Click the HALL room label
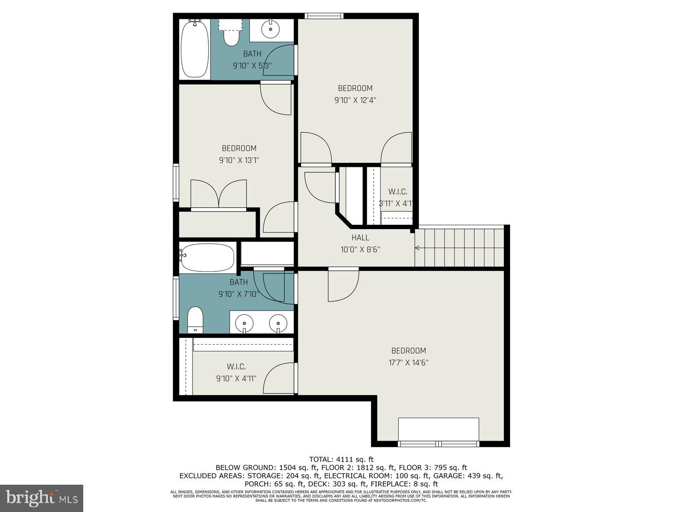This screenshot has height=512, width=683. (x=360, y=238)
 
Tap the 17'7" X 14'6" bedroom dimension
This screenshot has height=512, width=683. (x=409, y=363)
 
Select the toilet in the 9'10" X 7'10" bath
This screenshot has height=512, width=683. (x=196, y=318)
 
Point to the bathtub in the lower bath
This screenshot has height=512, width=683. (x=207, y=257)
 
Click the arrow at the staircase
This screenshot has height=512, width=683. (x=417, y=248)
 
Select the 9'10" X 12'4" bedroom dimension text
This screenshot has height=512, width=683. (x=355, y=100)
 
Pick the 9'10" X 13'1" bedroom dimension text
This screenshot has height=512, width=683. (x=239, y=160)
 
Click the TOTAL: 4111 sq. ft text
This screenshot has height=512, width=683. (x=341, y=460)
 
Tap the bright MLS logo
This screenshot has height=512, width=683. (x=42, y=497)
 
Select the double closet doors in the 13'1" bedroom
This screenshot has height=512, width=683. (x=219, y=194)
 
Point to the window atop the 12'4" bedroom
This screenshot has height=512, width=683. (x=324, y=16)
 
